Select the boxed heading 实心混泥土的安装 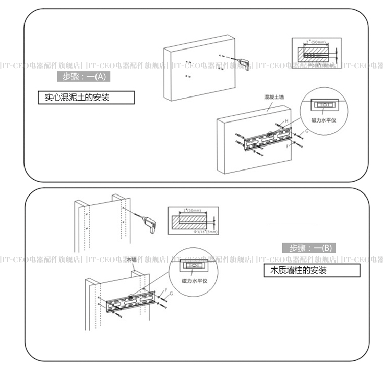86,98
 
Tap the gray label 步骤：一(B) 309,248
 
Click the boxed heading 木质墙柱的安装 312,270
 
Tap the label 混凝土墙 275,96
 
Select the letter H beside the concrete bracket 287,120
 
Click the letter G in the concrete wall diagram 306,131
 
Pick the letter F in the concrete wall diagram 288,145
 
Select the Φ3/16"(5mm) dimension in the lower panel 206,231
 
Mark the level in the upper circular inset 323,105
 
